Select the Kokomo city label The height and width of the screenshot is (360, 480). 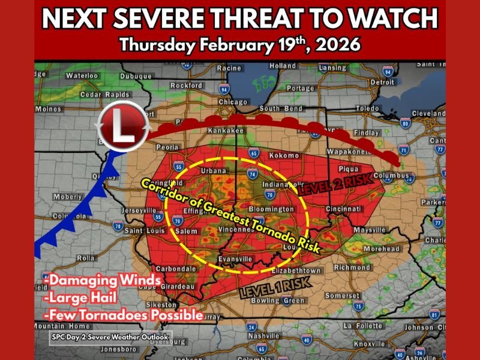click(284, 155)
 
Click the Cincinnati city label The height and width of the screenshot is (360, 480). click(345, 209)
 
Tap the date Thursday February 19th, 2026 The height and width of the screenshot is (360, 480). click(239, 45)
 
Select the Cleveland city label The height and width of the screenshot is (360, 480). click(428, 113)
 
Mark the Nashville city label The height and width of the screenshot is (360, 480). click(265, 337)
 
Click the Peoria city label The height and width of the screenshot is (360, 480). click(168, 146)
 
